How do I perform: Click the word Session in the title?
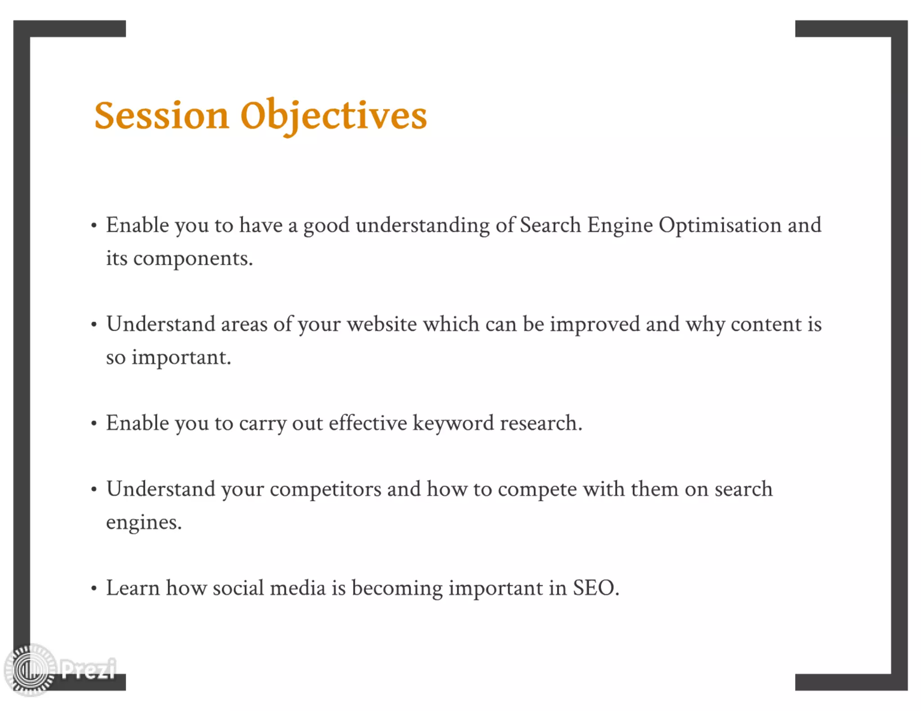(161, 116)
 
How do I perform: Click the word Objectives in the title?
(333, 116)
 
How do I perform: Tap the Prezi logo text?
(88, 669)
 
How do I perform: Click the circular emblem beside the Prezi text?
(30, 670)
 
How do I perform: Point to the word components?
(192, 259)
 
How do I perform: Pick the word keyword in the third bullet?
(453, 423)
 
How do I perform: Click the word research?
(540, 423)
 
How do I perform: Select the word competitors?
(325, 489)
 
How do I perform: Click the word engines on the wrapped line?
(143, 523)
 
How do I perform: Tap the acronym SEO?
(595, 588)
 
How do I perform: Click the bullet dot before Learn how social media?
(94, 589)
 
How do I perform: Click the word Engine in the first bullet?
(619, 225)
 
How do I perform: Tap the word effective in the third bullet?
(367, 423)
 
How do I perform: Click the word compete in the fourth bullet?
(537, 489)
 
